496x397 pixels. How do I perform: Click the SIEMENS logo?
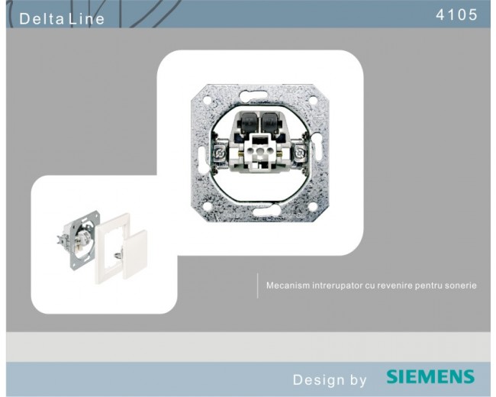430,376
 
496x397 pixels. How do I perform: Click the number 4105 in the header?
456,15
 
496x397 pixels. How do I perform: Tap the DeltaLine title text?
62,18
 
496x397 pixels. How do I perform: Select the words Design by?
330,379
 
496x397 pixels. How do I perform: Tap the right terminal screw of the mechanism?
298,154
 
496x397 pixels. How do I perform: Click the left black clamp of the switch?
248,123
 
